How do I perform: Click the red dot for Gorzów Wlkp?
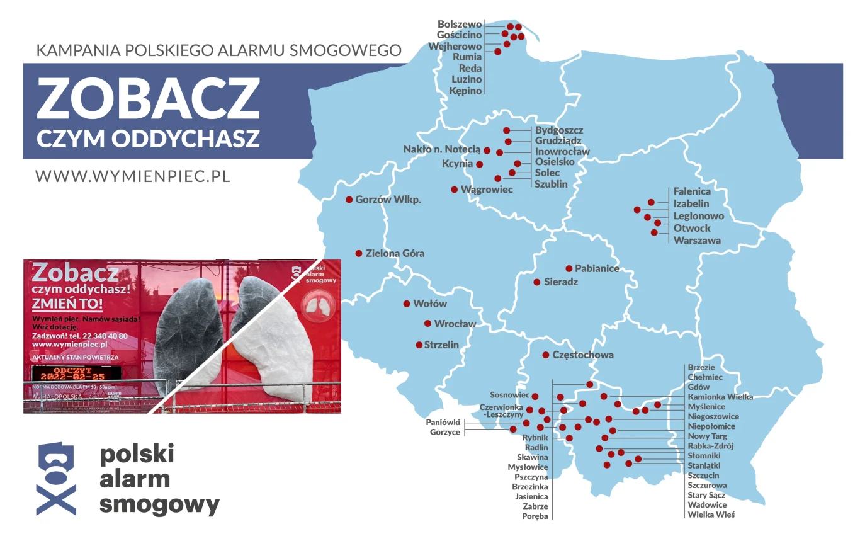[x=349, y=200]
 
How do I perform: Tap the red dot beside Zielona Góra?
[x=359, y=254]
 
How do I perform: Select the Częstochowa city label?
[x=582, y=355]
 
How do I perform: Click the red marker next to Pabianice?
[x=569, y=268]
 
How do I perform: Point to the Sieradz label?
[x=560, y=282]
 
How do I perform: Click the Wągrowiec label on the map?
[x=487, y=190]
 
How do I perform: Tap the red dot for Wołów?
[x=406, y=304]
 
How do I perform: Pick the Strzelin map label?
[x=441, y=345]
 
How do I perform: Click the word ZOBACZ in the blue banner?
[x=148, y=100]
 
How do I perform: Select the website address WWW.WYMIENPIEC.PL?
[x=133, y=176]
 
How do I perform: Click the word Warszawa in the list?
[x=697, y=241]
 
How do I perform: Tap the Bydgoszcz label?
[x=559, y=130]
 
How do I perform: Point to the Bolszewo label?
[x=460, y=25]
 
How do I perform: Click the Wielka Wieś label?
[x=711, y=515]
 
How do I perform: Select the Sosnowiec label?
[x=510, y=395]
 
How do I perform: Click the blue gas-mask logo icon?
[x=56, y=479]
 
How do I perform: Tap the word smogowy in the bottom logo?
[x=160, y=504]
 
